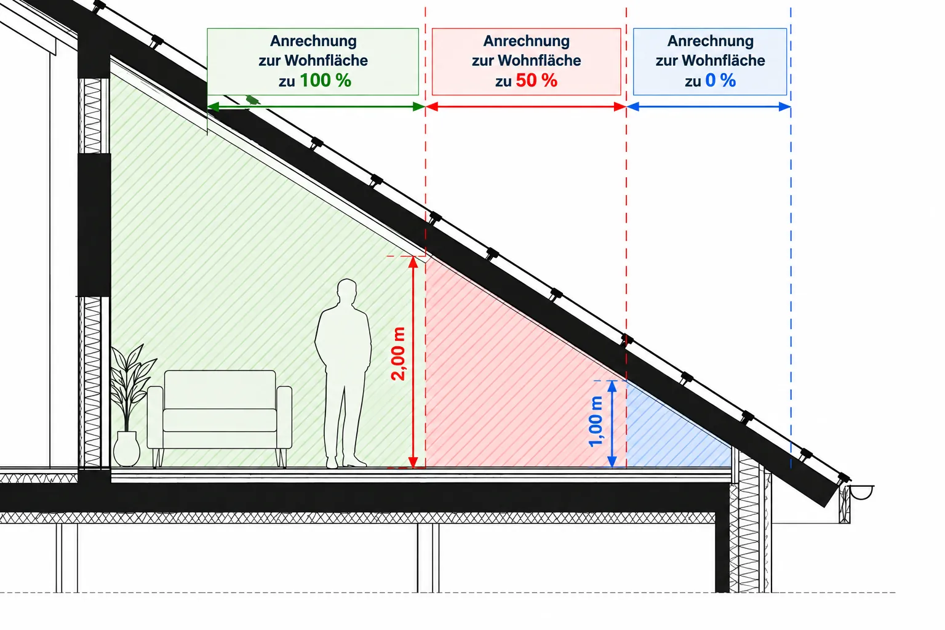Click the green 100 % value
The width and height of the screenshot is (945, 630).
coord(325,80)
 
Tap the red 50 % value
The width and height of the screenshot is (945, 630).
coord(536,80)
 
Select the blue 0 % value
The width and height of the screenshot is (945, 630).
coord(720,80)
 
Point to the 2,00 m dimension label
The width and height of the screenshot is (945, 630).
coord(398,354)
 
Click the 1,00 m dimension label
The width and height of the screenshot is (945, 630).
coord(596,421)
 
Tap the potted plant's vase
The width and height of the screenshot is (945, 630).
coord(126,449)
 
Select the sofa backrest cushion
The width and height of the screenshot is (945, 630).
coord(220,389)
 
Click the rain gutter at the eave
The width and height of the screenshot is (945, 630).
coord(861,492)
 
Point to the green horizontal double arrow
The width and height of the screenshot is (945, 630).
coord(316,107)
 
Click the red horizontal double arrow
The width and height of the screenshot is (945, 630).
coord(525,107)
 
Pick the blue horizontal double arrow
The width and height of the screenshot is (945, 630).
coord(709,107)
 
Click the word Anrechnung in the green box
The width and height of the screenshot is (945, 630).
coord(313,41)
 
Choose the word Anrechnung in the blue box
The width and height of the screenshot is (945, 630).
coord(711,41)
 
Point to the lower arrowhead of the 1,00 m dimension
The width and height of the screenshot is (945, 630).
coord(612,461)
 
